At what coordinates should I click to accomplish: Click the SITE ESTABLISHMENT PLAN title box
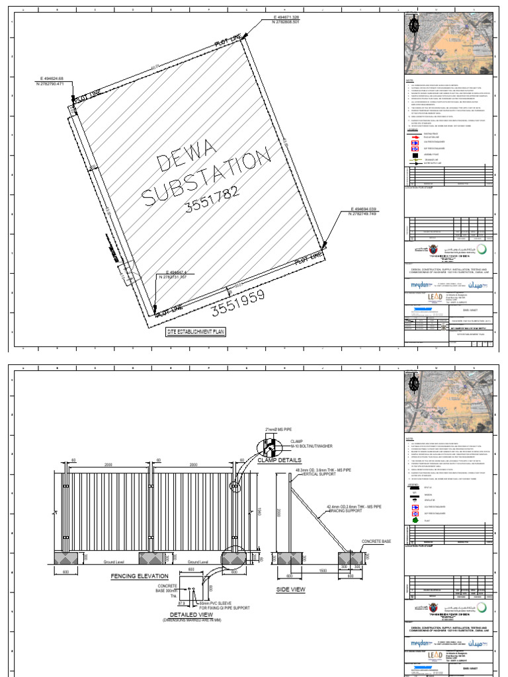coord(195,333)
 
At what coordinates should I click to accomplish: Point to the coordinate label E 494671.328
coord(290,17)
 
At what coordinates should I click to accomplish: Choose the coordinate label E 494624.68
coord(53,79)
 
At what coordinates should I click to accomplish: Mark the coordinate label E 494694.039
coord(368,209)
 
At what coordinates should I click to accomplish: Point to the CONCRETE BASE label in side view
coord(376,541)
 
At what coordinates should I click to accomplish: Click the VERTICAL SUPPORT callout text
coord(318,475)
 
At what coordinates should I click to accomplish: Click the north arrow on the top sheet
coord(415,24)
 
